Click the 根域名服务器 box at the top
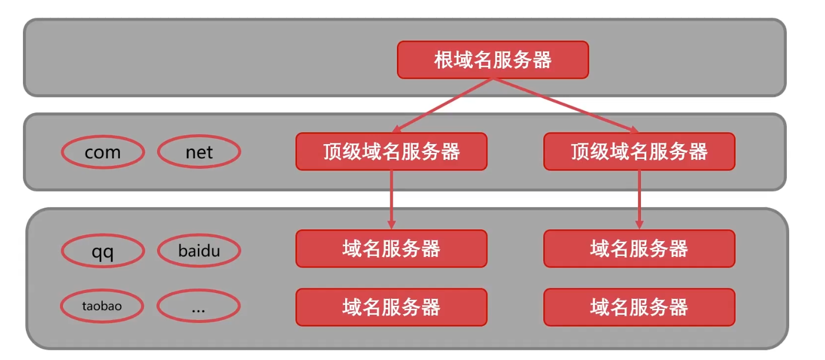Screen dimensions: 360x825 tap(493, 59)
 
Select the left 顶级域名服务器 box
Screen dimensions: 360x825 tap(391, 152)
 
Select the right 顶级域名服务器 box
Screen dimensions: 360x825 tap(639, 152)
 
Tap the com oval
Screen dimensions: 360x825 tap(103, 152)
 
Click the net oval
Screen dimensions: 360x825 tap(199, 152)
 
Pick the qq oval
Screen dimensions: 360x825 tap(103, 252)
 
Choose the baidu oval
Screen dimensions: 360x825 tap(199, 251)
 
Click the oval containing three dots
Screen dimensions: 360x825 tap(199, 306)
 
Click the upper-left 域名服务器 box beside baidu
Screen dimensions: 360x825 tap(391, 248)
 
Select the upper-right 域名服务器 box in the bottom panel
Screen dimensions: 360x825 tap(639, 248)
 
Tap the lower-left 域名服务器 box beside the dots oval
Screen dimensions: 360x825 tap(391, 306)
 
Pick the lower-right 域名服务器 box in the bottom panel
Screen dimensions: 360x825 tap(639, 306)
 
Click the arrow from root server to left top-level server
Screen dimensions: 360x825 tap(444, 105)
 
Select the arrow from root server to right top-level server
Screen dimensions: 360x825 tap(565, 105)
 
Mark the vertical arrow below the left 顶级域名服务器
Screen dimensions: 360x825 tap(391, 197)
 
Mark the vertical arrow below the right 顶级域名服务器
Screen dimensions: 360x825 tap(639, 197)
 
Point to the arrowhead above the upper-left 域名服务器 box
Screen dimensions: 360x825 tap(391, 224)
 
